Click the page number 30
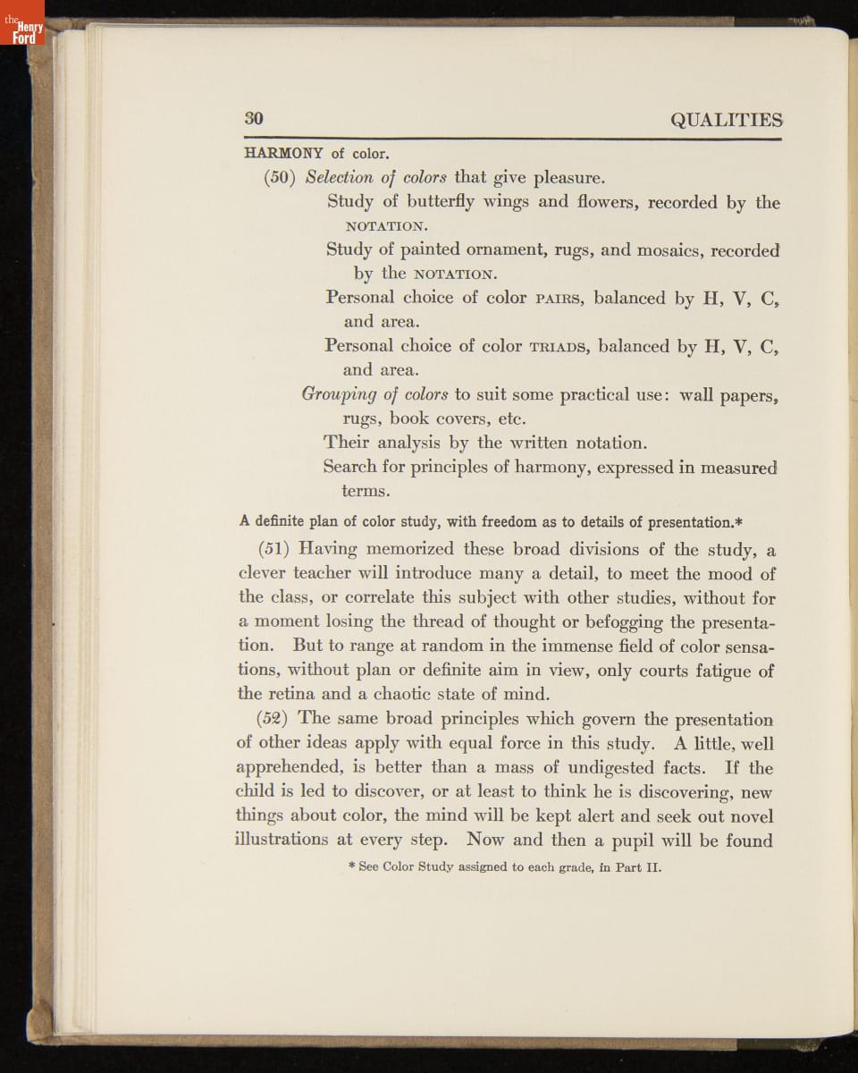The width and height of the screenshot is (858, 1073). (254, 120)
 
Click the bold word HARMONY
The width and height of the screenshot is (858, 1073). (283, 153)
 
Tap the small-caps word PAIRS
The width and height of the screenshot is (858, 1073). (559, 298)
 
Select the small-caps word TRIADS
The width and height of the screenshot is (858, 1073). (559, 346)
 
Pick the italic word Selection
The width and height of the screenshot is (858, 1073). (340, 177)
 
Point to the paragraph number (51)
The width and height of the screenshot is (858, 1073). (273, 549)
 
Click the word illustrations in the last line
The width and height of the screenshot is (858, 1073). (282, 841)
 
